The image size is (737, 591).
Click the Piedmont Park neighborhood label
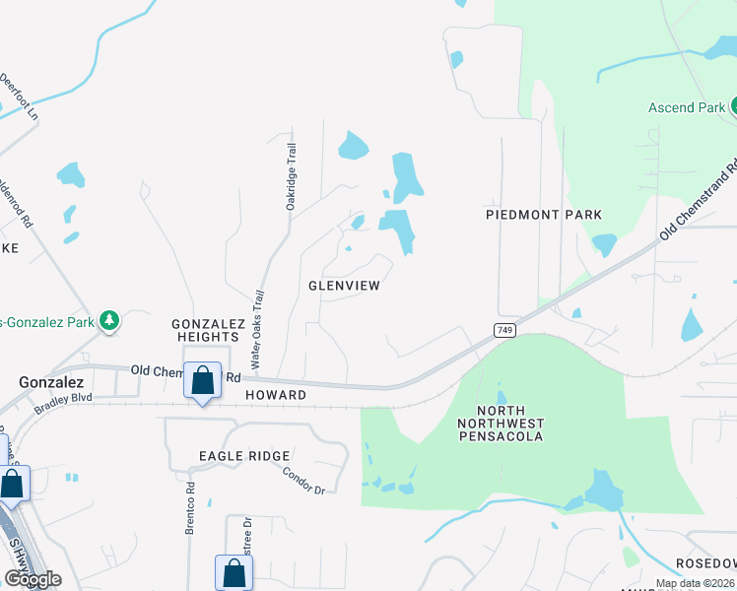(544, 215)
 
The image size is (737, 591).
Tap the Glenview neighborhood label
(344, 286)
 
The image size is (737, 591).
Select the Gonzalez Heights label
(206, 330)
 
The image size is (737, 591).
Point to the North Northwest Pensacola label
(510, 423)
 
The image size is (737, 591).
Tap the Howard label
(277, 395)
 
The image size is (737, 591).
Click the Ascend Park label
(687, 106)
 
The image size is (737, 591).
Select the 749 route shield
(504, 328)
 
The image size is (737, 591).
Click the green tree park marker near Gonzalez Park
(110, 320)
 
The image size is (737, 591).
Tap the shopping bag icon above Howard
(202, 380)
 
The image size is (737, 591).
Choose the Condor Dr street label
(303, 478)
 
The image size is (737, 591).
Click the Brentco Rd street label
(190, 508)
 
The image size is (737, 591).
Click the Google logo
(33, 579)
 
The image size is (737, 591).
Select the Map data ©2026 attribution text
(695, 583)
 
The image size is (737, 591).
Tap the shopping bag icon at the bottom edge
(233, 572)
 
